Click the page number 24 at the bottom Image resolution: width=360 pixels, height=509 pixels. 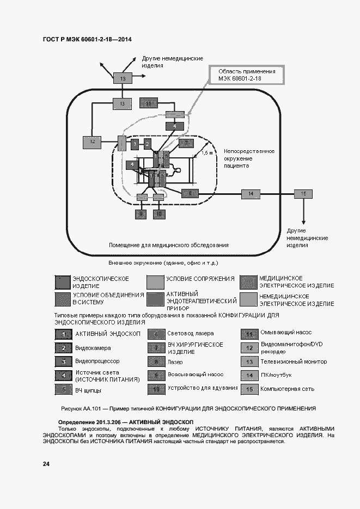(46, 464)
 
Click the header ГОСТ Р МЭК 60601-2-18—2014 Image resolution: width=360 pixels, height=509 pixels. (87, 40)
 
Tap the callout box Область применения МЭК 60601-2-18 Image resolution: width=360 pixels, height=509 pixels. (247, 75)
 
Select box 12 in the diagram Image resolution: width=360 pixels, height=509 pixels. (93, 142)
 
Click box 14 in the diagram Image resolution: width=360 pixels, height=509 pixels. (251, 193)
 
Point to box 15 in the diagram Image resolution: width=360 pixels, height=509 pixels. (304, 193)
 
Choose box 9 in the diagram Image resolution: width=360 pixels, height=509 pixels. (142, 214)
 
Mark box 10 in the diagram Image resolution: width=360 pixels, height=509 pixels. (159, 214)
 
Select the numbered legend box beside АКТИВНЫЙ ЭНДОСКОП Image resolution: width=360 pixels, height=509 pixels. (64, 334)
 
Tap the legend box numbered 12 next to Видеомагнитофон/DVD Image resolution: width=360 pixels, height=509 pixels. (249, 348)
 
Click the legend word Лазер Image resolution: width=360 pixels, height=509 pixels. (175, 361)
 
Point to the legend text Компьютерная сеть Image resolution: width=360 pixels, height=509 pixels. (287, 389)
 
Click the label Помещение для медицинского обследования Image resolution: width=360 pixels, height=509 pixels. (168, 244)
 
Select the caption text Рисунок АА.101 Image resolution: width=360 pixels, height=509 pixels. (82, 408)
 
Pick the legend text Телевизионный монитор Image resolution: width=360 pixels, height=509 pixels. (294, 361)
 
